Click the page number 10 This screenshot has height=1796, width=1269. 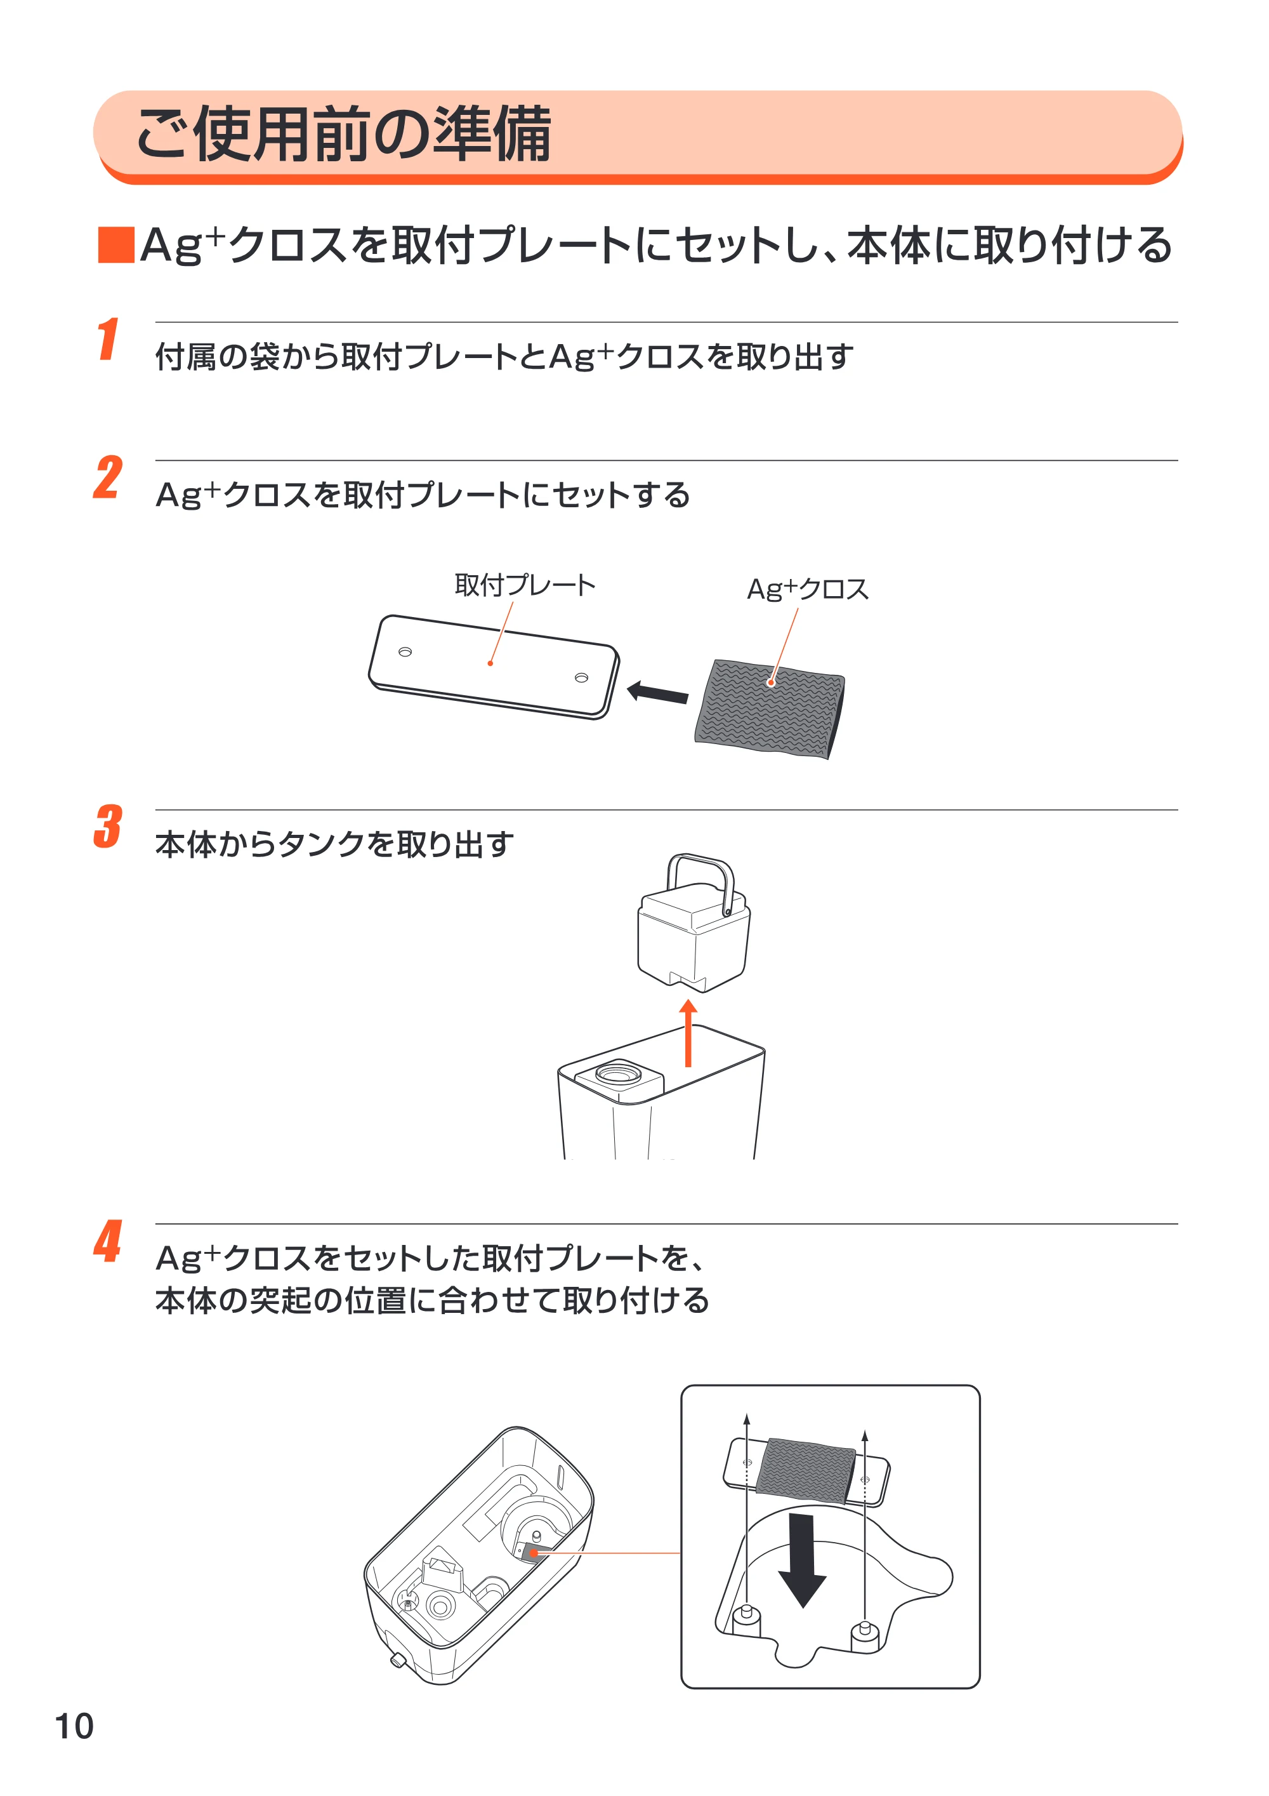click(74, 1726)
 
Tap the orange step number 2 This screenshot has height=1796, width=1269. click(108, 477)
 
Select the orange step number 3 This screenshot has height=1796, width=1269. click(108, 826)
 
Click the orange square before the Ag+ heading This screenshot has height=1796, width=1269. click(115, 245)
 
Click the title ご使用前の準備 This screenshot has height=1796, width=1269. click(344, 135)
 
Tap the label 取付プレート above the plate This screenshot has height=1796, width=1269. click(525, 585)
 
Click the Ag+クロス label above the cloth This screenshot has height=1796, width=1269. click(808, 589)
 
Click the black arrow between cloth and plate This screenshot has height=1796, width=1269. click(657, 692)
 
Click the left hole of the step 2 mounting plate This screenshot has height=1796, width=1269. click(405, 651)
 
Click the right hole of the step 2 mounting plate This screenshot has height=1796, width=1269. click(581, 677)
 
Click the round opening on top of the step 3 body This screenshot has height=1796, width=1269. click(619, 1072)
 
